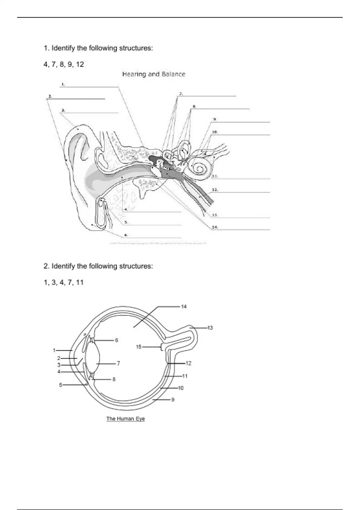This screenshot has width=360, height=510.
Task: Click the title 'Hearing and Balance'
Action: coord(154,74)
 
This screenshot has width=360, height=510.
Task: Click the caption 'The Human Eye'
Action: coord(126,419)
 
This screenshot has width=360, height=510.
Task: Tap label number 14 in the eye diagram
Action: coord(184,307)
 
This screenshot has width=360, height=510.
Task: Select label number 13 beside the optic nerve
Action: coord(210,328)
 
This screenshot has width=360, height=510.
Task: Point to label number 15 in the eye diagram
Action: coord(139,347)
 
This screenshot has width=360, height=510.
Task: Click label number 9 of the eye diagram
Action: coord(173,400)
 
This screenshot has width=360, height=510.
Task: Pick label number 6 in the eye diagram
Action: coord(116,340)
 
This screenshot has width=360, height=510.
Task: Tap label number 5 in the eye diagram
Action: coord(60,385)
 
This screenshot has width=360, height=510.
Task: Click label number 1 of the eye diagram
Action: coord(54,350)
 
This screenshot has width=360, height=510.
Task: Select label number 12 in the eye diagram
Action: coord(188,363)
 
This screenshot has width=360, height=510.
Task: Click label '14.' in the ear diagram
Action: coord(215,227)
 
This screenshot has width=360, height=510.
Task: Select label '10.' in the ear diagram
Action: coord(215,132)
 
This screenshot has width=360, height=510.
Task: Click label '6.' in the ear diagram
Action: coord(126,235)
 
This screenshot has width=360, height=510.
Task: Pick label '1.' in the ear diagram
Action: coord(63,85)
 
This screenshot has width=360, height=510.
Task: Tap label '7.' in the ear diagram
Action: coord(181,94)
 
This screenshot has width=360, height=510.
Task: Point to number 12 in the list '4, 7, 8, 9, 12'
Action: coord(80,64)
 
